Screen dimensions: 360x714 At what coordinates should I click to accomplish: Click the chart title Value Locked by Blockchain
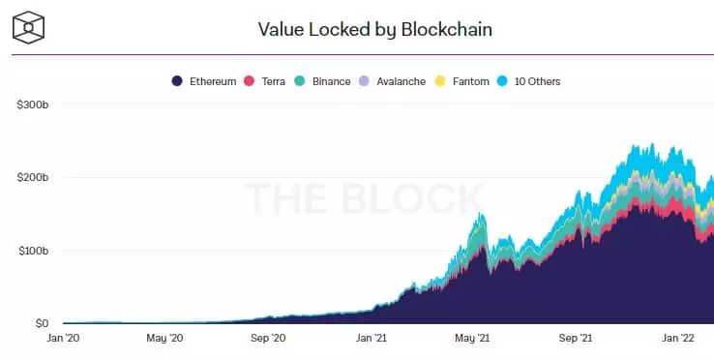pyautogui.click(x=375, y=29)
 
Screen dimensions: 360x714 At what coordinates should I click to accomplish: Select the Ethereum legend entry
pyautogui.click(x=204, y=81)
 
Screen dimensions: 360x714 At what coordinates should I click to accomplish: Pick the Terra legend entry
pyautogui.click(x=272, y=81)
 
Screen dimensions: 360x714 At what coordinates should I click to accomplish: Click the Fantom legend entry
pyautogui.click(x=464, y=81)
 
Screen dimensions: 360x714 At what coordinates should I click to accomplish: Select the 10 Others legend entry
pyautogui.click(x=530, y=81)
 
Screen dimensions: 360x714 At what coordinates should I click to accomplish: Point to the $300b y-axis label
pyautogui.click(x=34, y=104)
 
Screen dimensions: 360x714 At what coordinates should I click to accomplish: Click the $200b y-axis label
pyautogui.click(x=34, y=177)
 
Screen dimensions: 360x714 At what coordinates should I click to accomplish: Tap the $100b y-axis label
pyautogui.click(x=34, y=251)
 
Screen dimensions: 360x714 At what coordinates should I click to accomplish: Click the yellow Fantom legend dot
pyautogui.click(x=443, y=81)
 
